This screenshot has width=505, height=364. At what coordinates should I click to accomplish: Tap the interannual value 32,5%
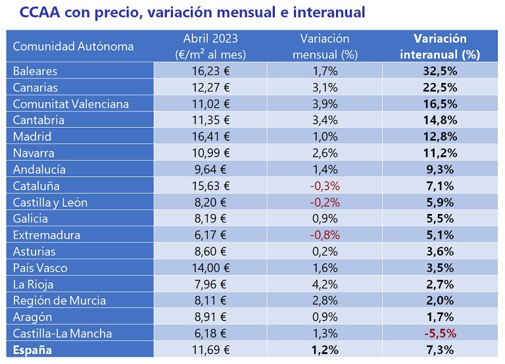(440, 71)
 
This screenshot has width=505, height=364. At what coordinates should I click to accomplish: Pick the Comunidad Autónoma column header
(73, 46)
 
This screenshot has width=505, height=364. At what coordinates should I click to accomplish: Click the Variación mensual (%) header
(324, 46)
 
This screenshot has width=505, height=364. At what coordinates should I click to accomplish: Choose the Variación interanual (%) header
(440, 46)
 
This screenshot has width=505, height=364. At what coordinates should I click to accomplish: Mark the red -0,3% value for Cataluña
(324, 186)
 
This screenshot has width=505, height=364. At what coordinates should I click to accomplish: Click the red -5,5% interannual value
(440, 334)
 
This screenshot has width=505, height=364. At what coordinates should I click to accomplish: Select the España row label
(32, 350)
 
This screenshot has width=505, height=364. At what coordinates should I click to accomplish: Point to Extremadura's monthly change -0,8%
(324, 235)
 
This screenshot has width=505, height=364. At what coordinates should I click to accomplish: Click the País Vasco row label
(40, 268)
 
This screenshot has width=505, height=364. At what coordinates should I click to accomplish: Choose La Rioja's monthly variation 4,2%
(324, 284)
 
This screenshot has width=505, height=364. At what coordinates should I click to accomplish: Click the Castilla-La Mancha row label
(62, 334)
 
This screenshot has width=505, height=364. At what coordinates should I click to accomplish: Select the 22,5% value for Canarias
(440, 88)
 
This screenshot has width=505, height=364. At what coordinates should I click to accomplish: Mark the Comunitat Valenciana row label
(71, 104)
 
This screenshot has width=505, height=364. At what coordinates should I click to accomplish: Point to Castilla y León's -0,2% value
(324, 203)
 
